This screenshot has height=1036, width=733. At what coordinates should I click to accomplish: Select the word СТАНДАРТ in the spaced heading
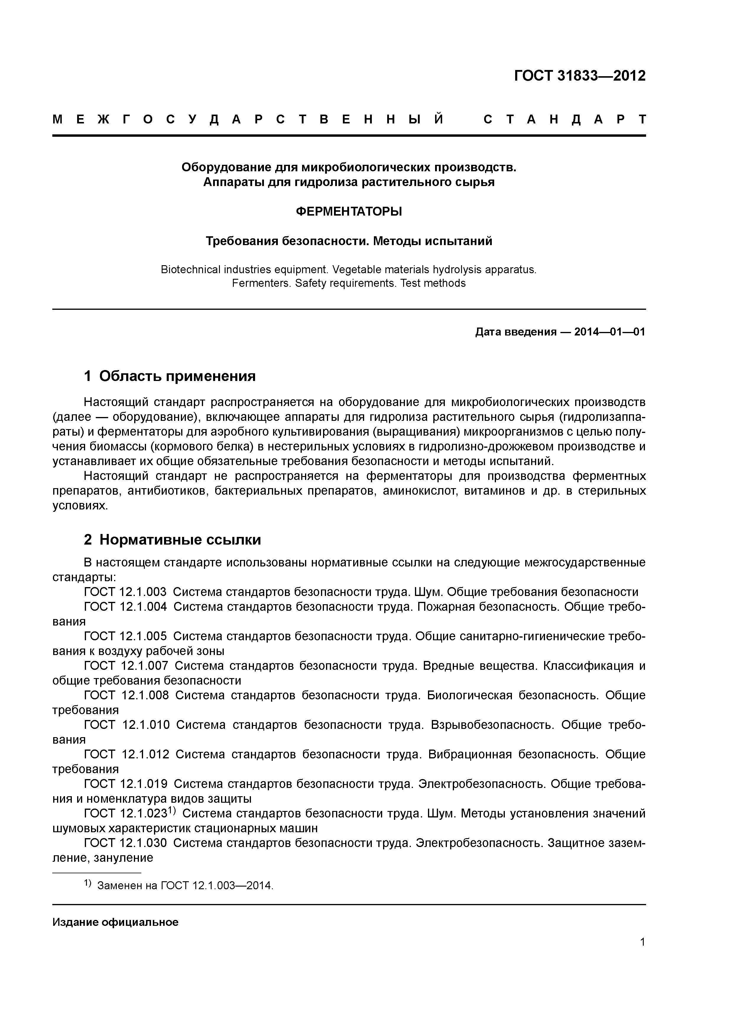(565, 120)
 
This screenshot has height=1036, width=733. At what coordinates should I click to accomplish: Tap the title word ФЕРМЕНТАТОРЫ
(349, 211)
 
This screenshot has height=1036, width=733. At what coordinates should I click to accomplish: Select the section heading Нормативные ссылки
(180, 539)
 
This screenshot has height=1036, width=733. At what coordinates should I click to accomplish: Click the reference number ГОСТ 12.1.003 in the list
(125, 592)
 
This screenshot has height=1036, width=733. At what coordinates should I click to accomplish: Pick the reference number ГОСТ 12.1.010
(127, 725)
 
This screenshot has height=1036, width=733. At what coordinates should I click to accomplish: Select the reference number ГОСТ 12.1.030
(125, 843)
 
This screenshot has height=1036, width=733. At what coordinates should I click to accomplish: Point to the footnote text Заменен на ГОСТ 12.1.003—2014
(185, 886)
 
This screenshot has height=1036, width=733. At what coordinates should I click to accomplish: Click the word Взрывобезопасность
(492, 725)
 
